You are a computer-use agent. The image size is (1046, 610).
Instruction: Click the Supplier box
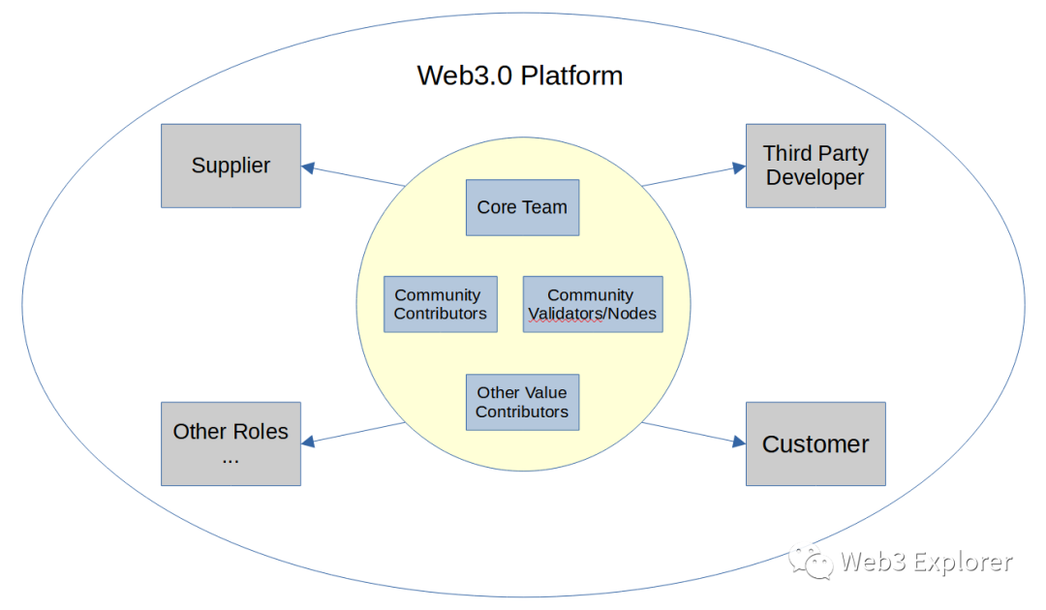(x=231, y=166)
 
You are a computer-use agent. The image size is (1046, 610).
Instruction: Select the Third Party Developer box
(x=815, y=166)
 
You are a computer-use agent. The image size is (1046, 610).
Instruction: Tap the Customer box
(x=815, y=444)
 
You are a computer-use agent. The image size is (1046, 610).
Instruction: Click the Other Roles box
(x=231, y=444)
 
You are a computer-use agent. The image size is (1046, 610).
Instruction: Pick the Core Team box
(x=522, y=207)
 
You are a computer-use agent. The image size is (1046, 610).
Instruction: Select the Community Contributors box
(x=441, y=304)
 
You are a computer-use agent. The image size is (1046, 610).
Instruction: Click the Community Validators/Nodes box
(x=593, y=304)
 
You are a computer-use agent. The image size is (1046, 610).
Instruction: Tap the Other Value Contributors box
(x=522, y=402)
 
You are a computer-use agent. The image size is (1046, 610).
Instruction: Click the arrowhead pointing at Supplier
(x=308, y=168)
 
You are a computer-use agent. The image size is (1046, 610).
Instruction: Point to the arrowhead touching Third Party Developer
(x=739, y=168)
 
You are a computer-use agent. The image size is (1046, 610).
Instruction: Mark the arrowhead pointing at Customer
(x=739, y=442)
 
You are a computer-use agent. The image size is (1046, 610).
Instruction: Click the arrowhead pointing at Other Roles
(x=308, y=442)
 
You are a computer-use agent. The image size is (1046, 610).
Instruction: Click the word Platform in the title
(x=571, y=76)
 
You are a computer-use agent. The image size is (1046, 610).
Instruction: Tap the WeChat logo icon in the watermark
(x=810, y=561)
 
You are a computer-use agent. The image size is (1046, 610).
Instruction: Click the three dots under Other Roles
(x=231, y=458)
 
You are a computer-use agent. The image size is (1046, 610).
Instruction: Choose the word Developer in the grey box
(x=815, y=178)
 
